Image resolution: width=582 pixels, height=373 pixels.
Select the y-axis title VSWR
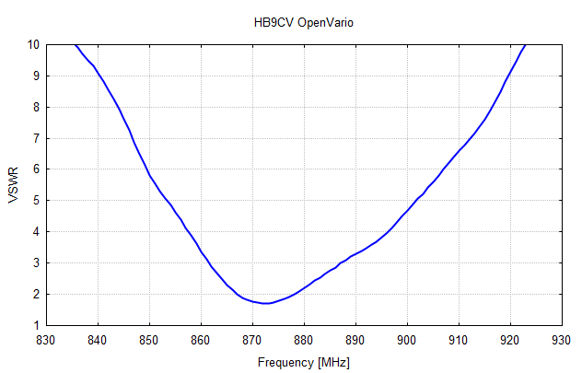point(13,185)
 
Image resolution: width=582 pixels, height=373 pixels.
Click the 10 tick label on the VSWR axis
point(32,44)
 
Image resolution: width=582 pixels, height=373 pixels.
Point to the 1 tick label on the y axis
point(35,325)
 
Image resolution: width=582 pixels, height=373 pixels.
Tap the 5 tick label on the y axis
point(35,201)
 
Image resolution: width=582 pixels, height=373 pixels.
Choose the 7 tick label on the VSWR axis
point(35,138)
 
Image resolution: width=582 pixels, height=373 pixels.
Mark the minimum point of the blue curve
point(265,303)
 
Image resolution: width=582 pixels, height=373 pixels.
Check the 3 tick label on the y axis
point(35,263)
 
